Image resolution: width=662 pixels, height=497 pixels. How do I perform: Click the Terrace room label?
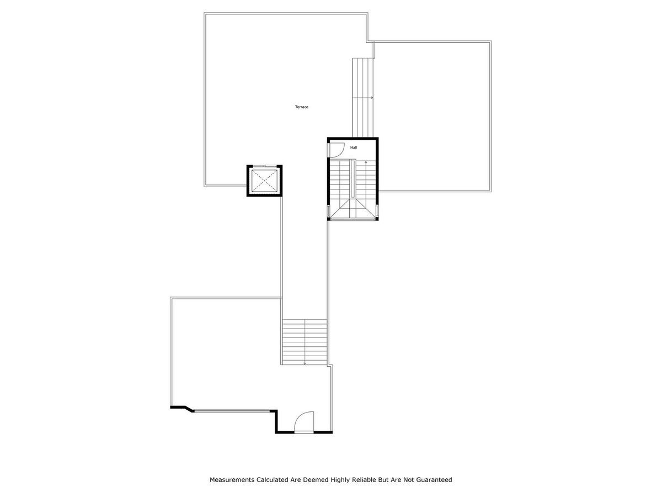click(301, 107)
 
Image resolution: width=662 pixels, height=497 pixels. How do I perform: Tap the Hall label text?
click(354, 147)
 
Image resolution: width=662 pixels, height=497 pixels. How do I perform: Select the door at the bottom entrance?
click(304, 422)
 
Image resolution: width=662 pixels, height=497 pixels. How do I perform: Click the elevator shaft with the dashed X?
click(264, 181)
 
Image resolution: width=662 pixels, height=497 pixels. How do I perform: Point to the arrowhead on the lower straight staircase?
click(305, 363)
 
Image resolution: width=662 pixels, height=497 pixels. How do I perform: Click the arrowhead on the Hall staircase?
click(366, 162)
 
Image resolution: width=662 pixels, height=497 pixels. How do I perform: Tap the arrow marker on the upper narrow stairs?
click(372, 98)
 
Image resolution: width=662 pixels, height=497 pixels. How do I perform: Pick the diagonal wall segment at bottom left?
click(189, 409)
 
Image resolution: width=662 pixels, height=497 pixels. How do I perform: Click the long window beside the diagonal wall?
click(232, 411)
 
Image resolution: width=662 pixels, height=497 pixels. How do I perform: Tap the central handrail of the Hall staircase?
click(353, 178)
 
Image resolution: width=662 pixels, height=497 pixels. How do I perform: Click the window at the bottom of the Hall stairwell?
click(353, 219)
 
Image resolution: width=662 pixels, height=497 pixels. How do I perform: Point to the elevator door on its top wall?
click(264, 166)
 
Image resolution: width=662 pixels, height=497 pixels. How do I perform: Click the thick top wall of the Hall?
click(353, 139)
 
